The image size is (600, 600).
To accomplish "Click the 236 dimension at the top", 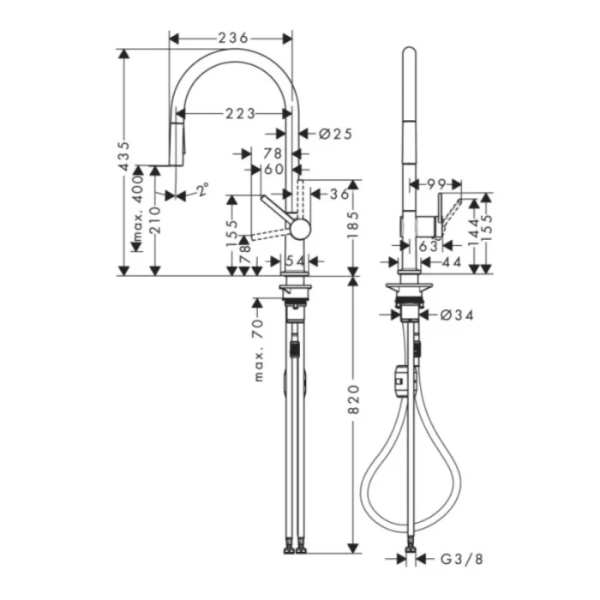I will pyautogui.click(x=231, y=38).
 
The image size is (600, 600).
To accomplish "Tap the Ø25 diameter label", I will pyautogui.click(x=335, y=134).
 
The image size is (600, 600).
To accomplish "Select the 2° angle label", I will pyautogui.click(x=201, y=191).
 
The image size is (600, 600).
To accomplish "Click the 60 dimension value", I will pyautogui.click(x=273, y=170).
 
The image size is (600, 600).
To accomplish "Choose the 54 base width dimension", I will pyautogui.click(x=294, y=261).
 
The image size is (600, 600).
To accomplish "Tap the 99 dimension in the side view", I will pyautogui.click(x=435, y=183).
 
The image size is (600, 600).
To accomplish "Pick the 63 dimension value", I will pyautogui.click(x=429, y=245).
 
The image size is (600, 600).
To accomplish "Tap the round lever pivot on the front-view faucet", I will pyautogui.click(x=298, y=228).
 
